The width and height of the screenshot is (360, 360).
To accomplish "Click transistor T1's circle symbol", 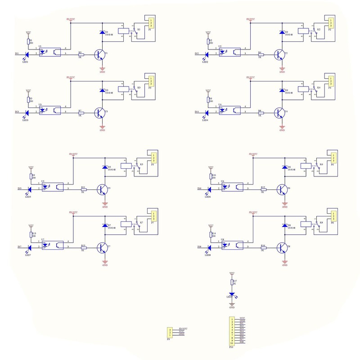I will coord(99,54).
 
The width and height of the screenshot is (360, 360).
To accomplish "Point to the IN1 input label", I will coord(17,54).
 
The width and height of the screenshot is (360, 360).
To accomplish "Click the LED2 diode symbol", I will coord(207,54).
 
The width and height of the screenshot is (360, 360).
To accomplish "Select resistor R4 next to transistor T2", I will coord(260,54).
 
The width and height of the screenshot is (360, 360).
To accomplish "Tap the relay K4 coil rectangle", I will coord(302,89).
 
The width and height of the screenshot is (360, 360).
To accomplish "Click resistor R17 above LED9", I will coord(232,283).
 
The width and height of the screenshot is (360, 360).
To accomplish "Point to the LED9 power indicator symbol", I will coord(232,294).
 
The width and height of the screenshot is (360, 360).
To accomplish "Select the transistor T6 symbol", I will coord(282,189).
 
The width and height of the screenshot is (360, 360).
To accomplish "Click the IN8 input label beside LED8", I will coord(199,247).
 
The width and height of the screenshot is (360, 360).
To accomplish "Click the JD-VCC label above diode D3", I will coord(70,77).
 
